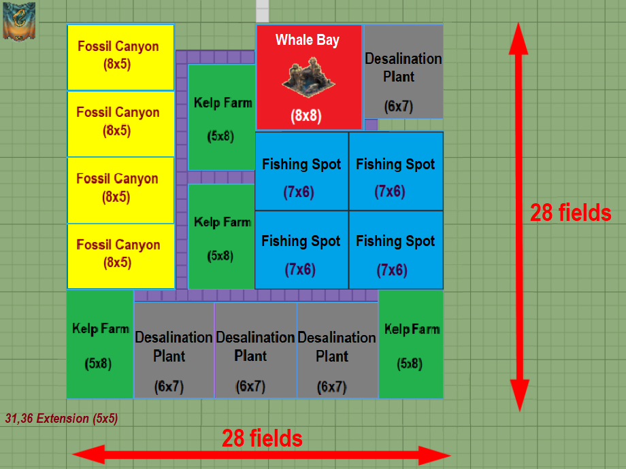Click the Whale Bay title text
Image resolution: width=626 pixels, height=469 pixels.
point(307,40)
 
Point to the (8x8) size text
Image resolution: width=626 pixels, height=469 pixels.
point(306,116)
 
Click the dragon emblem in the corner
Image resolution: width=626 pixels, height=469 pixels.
point(19,20)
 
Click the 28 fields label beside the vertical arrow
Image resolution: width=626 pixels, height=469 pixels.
point(570,213)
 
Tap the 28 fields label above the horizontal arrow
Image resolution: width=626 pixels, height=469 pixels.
point(262,438)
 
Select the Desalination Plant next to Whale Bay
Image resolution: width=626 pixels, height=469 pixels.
point(403,71)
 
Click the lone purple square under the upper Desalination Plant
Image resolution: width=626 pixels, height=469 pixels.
point(371,124)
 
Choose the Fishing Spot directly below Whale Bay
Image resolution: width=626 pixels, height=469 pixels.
point(301,171)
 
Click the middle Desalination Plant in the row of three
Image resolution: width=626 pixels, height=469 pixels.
point(255,350)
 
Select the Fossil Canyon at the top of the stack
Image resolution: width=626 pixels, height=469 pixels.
point(120,57)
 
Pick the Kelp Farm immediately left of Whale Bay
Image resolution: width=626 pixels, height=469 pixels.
point(222,117)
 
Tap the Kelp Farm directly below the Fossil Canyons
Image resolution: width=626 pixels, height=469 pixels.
point(100,345)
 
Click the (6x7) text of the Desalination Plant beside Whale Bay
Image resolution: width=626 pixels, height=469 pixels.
point(398,107)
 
